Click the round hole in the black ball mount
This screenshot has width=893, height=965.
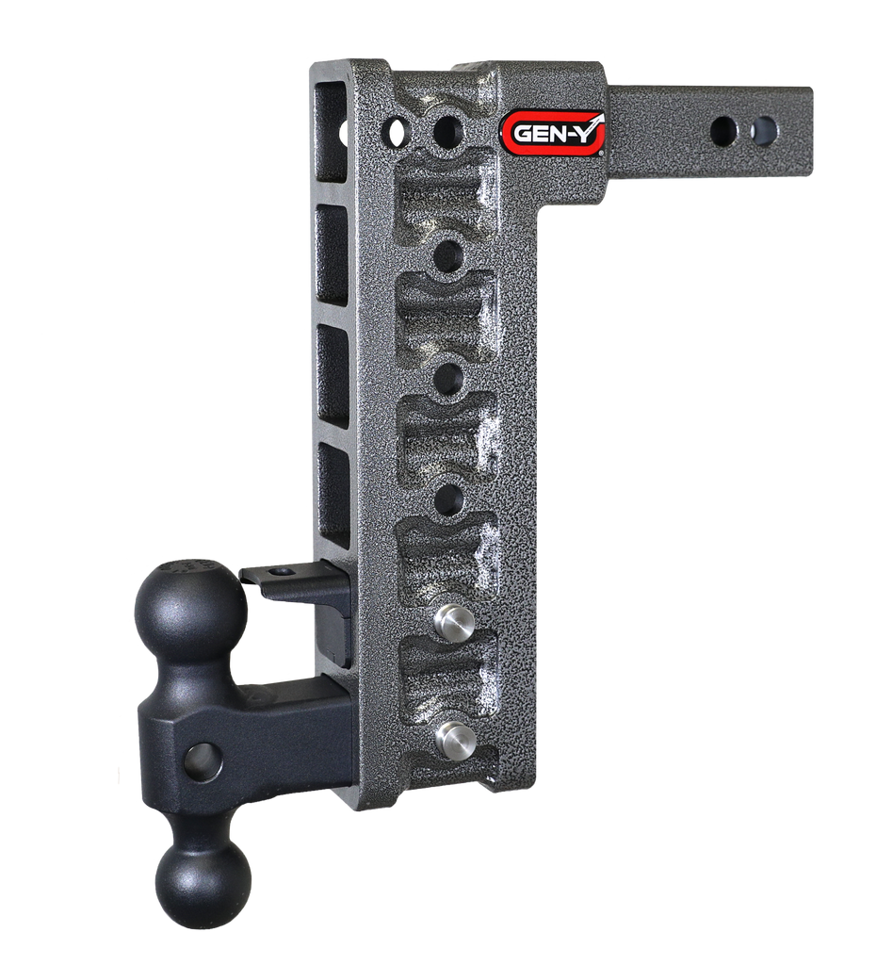coord(203,761)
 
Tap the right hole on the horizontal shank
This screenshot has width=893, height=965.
coord(765,130)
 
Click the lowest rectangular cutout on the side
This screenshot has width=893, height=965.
coord(334,494)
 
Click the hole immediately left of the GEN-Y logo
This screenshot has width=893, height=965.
coord(448,129)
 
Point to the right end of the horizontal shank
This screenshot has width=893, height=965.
coord(805,130)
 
